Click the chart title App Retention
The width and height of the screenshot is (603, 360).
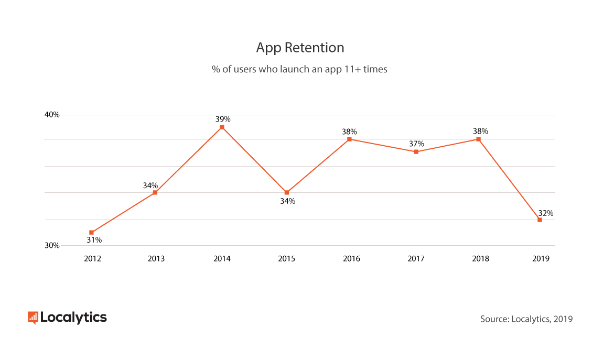click(x=300, y=48)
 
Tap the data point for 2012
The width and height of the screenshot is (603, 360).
click(x=92, y=232)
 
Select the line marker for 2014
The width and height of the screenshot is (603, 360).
click(x=222, y=127)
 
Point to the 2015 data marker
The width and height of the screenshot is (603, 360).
click(x=287, y=192)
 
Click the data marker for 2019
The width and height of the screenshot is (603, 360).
click(x=540, y=220)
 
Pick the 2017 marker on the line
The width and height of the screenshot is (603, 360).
click(x=416, y=152)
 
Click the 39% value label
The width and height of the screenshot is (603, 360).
click(x=223, y=119)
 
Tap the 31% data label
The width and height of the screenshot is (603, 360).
click(x=94, y=240)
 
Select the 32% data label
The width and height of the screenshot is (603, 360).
click(x=545, y=213)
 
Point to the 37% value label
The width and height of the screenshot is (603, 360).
click(x=417, y=144)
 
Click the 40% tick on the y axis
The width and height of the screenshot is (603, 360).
click(x=52, y=115)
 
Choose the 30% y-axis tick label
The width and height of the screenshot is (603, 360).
click(x=52, y=245)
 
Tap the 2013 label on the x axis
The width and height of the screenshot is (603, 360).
click(x=156, y=259)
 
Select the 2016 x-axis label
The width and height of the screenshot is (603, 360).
click(x=351, y=259)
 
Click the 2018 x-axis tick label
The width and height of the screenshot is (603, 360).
click(x=480, y=259)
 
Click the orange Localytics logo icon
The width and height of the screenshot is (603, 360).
click(x=33, y=318)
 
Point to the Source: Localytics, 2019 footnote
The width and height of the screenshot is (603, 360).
click(x=526, y=319)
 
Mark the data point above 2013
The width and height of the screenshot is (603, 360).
click(x=155, y=192)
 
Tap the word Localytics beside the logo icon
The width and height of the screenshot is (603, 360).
click(x=73, y=318)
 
